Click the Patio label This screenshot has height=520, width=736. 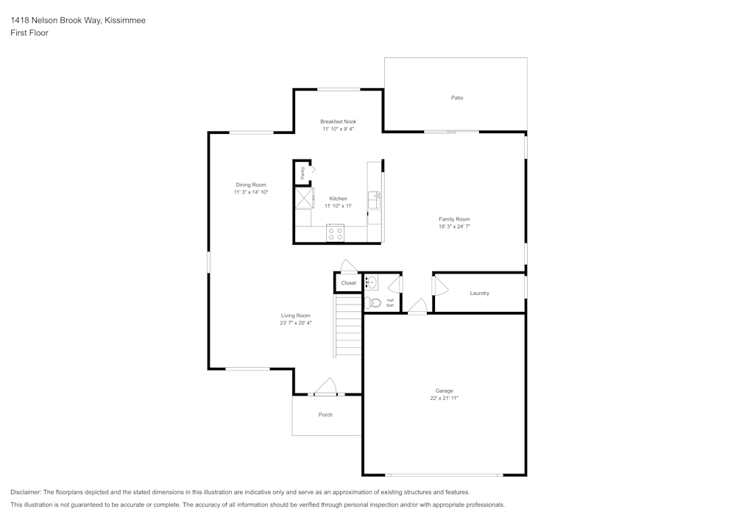[x=457, y=98]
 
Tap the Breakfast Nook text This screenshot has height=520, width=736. [x=338, y=121]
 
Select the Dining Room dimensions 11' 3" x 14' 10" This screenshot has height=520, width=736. [x=251, y=192]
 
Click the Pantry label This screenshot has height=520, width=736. [x=302, y=172]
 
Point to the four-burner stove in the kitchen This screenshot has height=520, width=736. [x=336, y=234]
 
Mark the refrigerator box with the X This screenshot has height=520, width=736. [x=304, y=198]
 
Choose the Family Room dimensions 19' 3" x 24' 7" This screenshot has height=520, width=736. [x=454, y=227]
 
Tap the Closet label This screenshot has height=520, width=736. [x=348, y=283]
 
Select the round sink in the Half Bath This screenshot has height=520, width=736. [x=372, y=282]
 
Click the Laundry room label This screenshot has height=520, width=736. [x=479, y=293]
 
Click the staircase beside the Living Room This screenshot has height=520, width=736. [x=348, y=324]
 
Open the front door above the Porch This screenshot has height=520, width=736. [x=325, y=388]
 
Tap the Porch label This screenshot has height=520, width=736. [x=325, y=415]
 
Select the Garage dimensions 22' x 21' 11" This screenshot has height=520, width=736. [x=444, y=398]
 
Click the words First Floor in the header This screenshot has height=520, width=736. [x=29, y=33]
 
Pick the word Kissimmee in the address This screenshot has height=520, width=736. [x=124, y=21]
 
